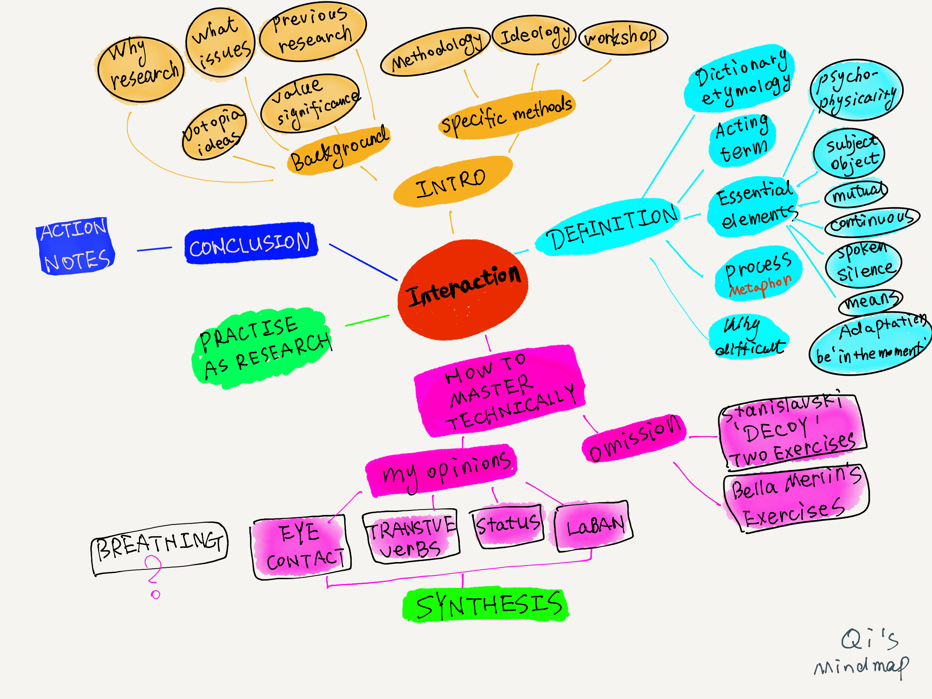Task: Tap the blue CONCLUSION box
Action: [x=251, y=244]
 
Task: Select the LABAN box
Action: [x=594, y=526]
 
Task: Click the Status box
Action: [x=507, y=525]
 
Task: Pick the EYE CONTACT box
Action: [x=302, y=547]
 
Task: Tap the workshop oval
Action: [x=623, y=38]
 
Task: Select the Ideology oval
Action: [x=534, y=35]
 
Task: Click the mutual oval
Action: [x=856, y=194]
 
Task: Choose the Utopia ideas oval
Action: [x=214, y=132]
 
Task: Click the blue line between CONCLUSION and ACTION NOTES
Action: [x=154, y=249]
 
